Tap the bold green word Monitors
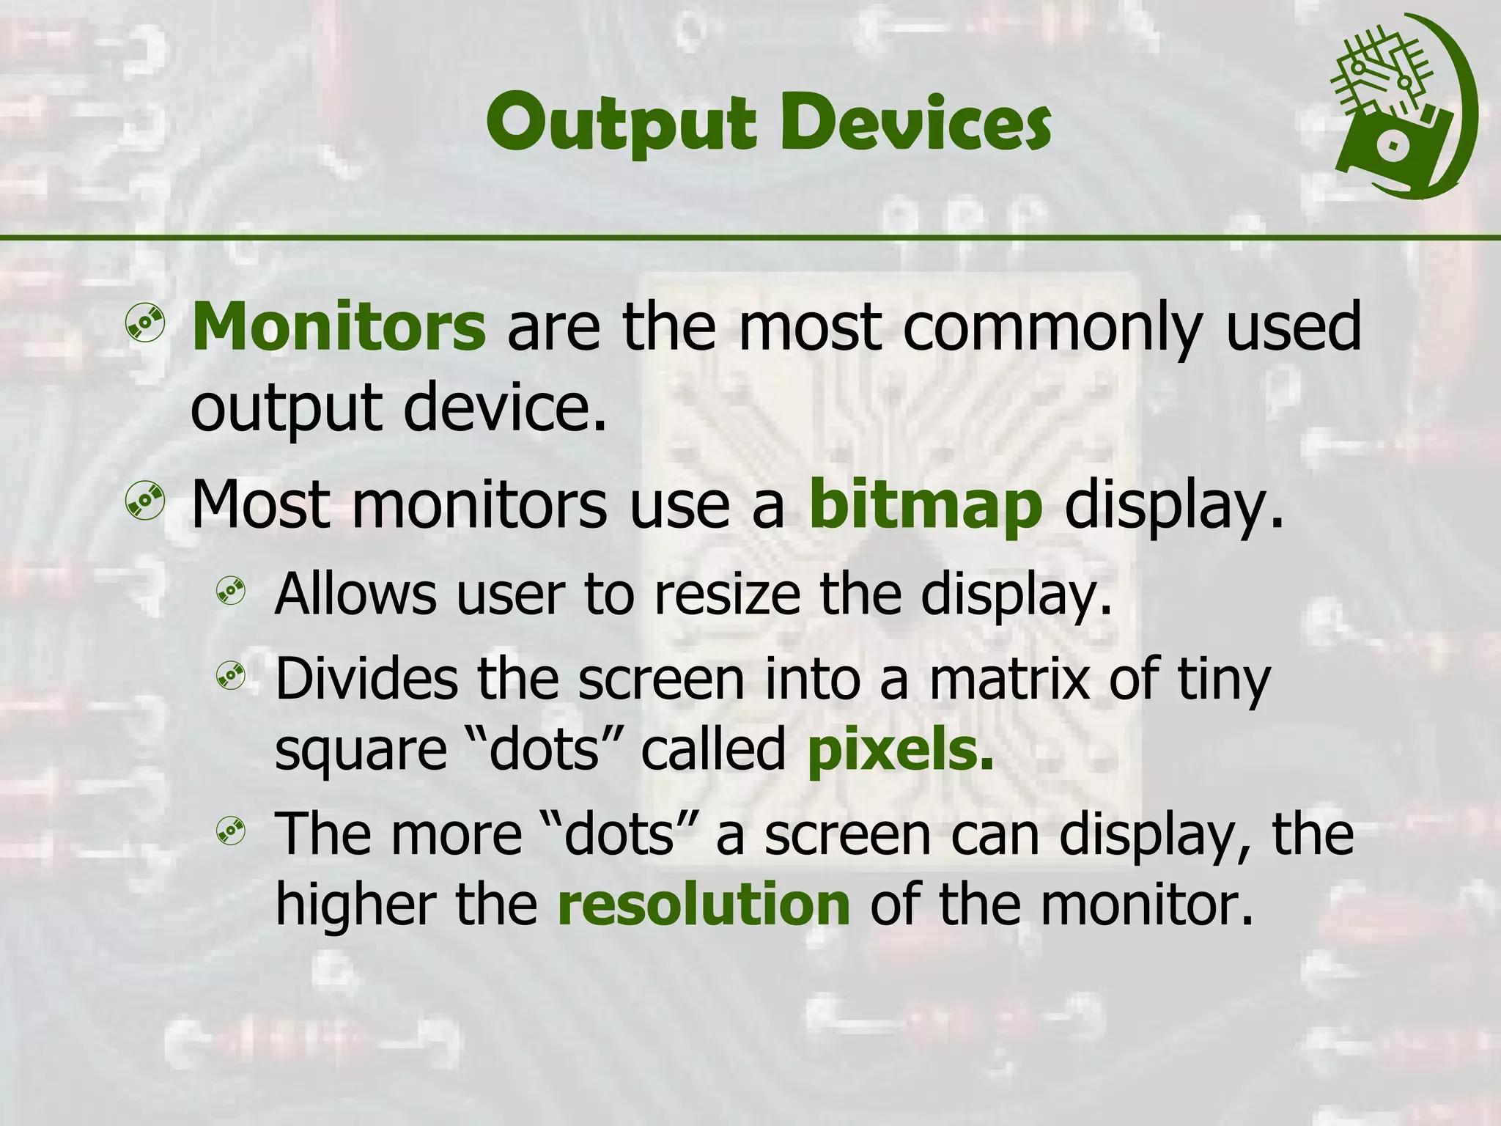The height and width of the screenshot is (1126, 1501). tap(338, 327)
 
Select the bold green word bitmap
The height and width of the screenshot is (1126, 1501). tap(925, 506)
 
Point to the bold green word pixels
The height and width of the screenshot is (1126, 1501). tap(900, 751)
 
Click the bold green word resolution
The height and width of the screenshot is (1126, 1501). tap(704, 905)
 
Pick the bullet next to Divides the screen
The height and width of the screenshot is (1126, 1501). tap(230, 676)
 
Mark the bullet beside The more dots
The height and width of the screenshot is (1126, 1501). tap(230, 830)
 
